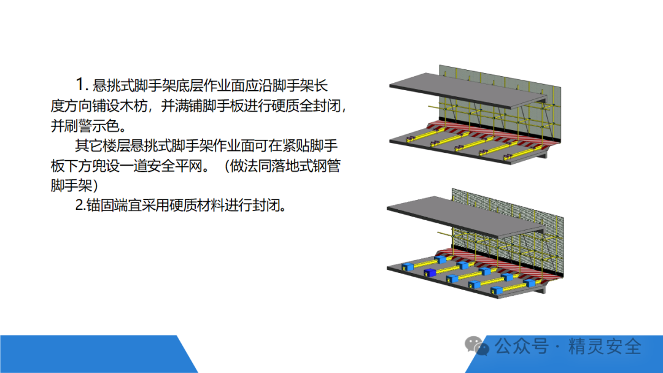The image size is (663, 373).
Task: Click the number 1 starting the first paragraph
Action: pyautogui.click(x=80, y=84)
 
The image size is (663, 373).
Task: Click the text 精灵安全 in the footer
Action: pyautogui.click(x=605, y=346)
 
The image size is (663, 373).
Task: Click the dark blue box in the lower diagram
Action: pyautogui.click(x=429, y=272)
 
